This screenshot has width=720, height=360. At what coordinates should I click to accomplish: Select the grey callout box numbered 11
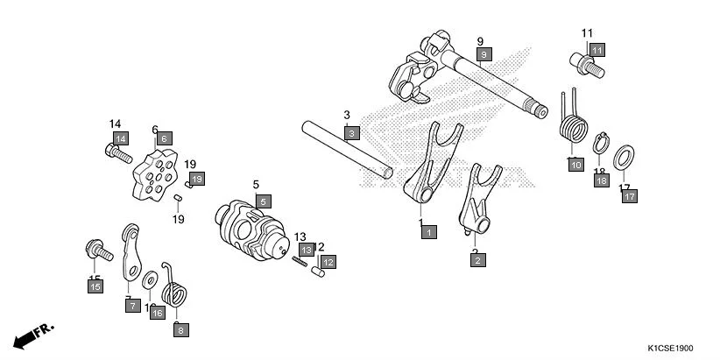pos(596,49)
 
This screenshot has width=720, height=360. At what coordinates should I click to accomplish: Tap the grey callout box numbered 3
pos(351,133)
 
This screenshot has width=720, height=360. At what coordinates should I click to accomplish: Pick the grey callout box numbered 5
pos(264,201)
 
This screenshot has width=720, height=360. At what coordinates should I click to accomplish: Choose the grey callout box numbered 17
pos(630,196)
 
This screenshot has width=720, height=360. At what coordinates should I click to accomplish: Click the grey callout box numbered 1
pos(428,232)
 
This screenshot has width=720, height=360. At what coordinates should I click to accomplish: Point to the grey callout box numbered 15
pos(95,286)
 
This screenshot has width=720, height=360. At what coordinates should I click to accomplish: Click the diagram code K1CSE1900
pos(680,348)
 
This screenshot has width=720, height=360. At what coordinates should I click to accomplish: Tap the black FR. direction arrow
pos(33,335)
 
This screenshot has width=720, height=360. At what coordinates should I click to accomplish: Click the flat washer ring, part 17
pos(624,159)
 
